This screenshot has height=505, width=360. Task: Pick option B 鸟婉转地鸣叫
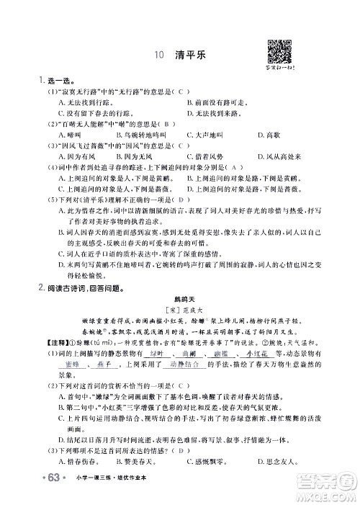[147, 135]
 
